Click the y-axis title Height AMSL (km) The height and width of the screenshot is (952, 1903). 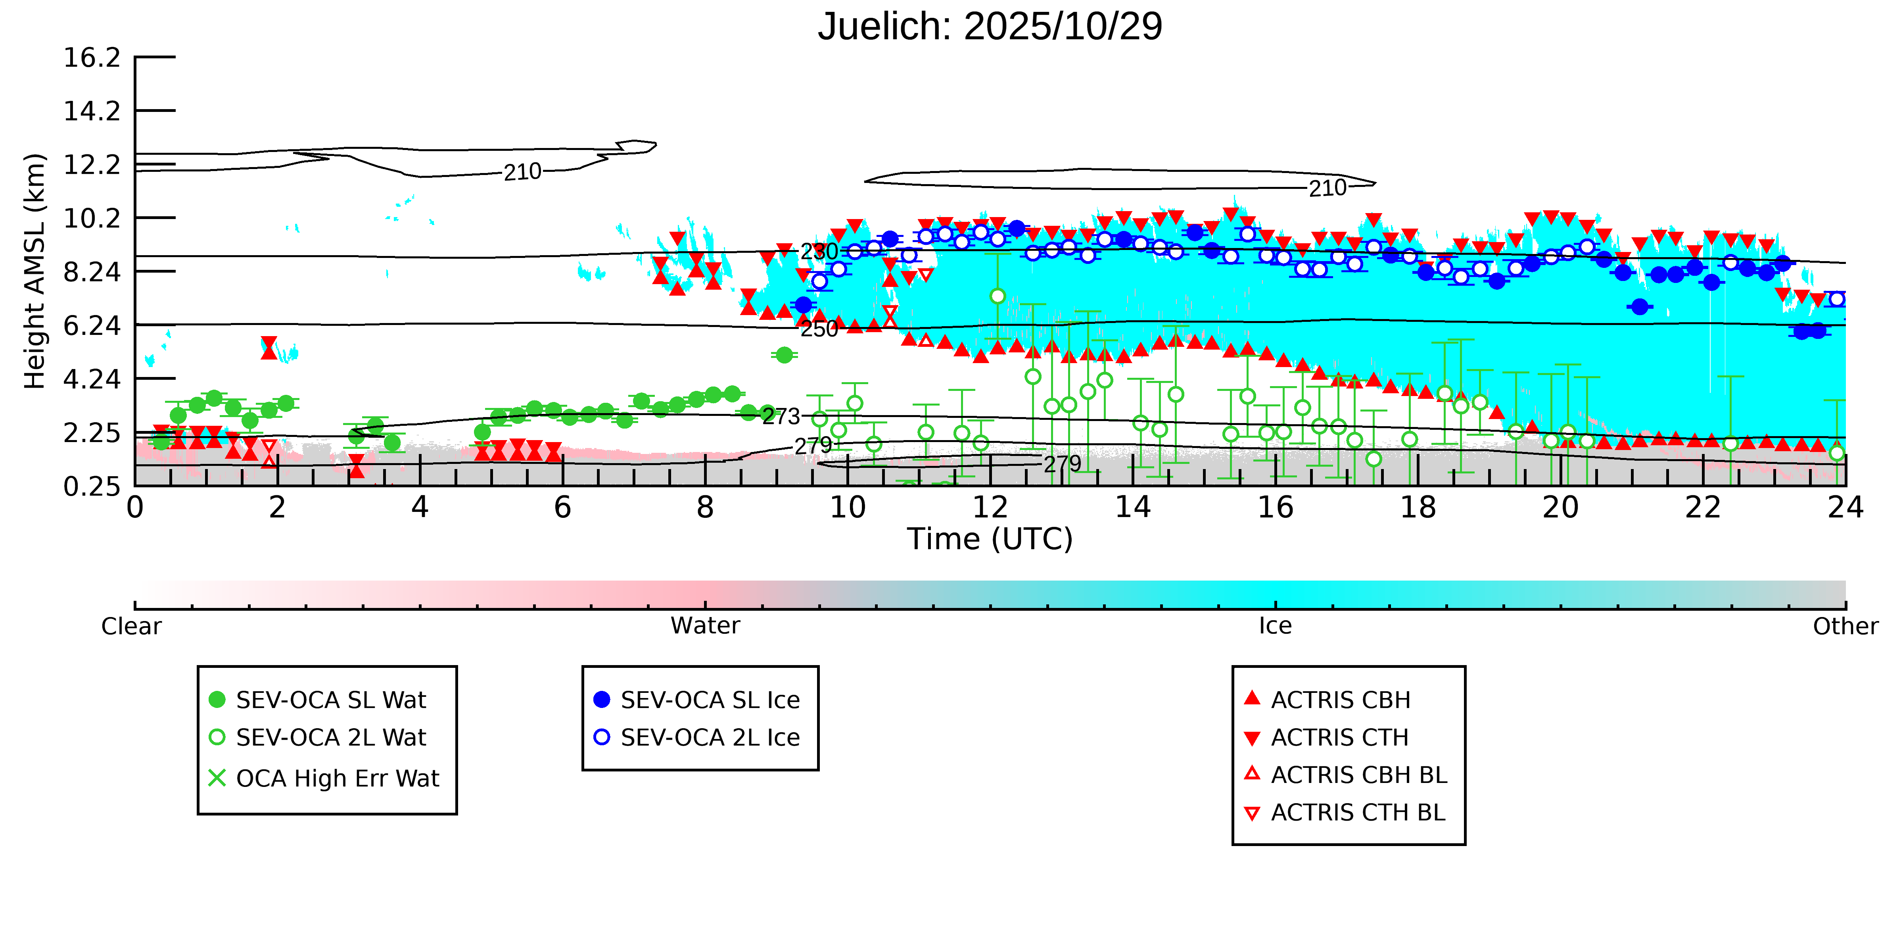[35, 271]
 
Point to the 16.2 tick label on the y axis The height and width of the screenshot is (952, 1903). [92, 58]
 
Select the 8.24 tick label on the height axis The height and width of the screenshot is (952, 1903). [92, 272]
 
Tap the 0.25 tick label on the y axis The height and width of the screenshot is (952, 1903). [92, 487]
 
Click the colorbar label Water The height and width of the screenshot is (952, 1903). [705, 626]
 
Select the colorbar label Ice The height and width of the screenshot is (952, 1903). [1275, 626]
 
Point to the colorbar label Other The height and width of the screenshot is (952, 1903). [1845, 626]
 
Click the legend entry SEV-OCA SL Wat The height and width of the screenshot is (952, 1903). [330, 700]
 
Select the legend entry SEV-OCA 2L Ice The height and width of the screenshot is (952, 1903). [709, 738]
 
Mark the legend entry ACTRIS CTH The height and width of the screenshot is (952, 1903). [1339, 738]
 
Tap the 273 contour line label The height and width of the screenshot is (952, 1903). [781, 417]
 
